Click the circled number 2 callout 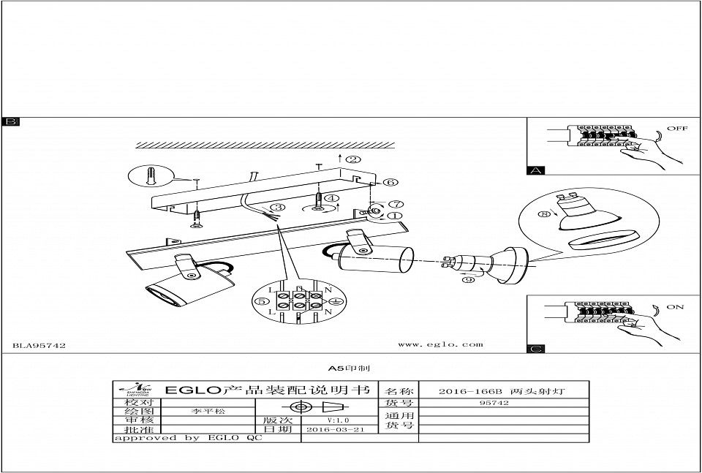tap(353, 159)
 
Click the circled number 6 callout tap(390, 182)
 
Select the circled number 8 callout tap(543, 214)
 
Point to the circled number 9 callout tap(468, 279)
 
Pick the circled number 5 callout tap(260, 301)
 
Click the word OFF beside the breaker tap(677, 129)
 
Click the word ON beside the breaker tap(675, 307)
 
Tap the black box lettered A tap(536, 171)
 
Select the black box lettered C tap(536, 348)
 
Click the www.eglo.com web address tap(440, 344)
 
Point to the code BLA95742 tap(39, 345)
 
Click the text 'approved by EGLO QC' tap(187, 438)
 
